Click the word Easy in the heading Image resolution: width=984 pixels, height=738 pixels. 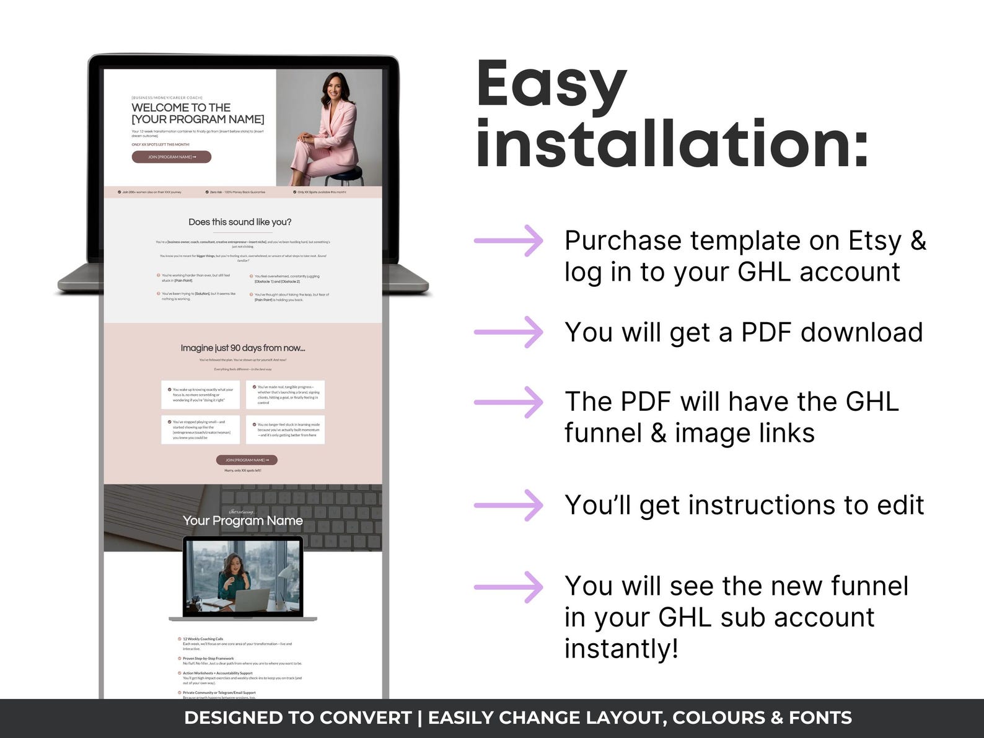(x=551, y=85)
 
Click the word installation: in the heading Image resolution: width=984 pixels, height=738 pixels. (x=672, y=143)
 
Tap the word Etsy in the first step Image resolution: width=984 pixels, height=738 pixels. (x=874, y=240)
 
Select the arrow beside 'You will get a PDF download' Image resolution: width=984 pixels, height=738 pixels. (x=508, y=332)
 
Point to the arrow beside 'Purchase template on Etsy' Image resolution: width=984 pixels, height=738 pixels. (x=508, y=240)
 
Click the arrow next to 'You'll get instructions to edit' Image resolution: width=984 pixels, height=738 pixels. (x=508, y=505)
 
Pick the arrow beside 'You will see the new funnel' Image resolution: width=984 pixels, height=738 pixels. (x=508, y=586)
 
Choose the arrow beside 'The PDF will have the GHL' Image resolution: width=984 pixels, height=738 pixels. (x=508, y=402)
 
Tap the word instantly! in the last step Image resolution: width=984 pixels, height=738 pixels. (x=621, y=649)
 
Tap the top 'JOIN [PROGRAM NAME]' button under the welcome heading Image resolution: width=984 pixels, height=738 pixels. (x=172, y=157)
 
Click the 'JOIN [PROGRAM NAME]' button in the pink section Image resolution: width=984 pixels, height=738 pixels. (x=247, y=460)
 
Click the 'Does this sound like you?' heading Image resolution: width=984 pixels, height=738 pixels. (x=240, y=222)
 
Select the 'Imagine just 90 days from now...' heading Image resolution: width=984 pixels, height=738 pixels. (x=243, y=348)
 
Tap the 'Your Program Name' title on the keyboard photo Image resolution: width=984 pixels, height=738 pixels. (x=243, y=521)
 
